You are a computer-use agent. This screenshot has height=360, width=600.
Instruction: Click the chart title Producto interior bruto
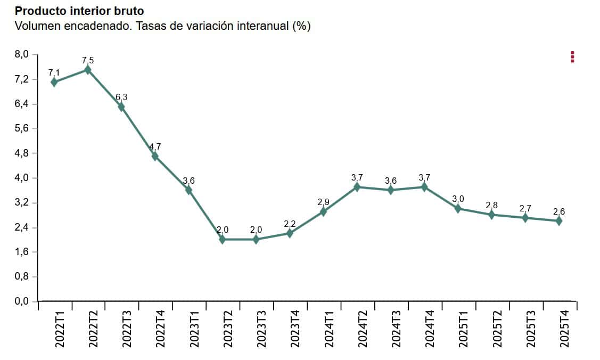pos(79,11)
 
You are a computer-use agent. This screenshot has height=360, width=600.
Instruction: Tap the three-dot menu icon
pos(572,57)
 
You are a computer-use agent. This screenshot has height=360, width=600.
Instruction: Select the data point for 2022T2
pos(88,70)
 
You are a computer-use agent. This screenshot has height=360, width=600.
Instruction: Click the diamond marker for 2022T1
pos(54,82)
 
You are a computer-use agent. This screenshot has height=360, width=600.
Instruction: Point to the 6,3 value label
pos(121,97)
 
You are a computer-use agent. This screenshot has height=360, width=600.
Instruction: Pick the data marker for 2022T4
pos(155,156)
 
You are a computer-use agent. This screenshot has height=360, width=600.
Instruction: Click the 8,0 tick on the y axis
pos(22,54)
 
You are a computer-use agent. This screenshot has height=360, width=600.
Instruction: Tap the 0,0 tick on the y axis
pos(22,302)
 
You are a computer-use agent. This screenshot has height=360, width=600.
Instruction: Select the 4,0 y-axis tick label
pos(22,178)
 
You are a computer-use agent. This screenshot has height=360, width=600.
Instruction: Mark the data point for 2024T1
pos(323,211)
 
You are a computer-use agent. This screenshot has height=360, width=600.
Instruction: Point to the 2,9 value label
pos(323,202)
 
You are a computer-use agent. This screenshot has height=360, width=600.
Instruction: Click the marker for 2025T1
pos(458,209)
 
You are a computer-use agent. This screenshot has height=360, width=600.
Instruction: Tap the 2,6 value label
pos(559,212)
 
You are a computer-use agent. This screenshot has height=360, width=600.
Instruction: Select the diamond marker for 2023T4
pos(290,233)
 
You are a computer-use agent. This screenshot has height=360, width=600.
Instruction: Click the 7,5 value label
pos(88,61)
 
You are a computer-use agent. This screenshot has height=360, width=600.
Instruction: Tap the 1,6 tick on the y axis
pos(22,252)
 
